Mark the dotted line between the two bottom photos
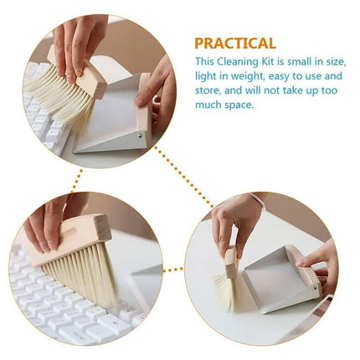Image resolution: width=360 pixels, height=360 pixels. (x=174, y=270)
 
